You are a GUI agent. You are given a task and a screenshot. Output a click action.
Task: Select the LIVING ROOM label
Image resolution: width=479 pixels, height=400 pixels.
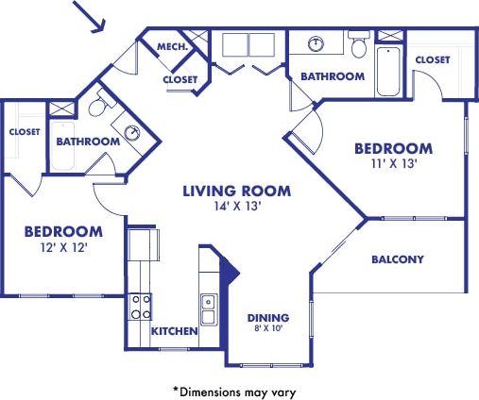[236, 191]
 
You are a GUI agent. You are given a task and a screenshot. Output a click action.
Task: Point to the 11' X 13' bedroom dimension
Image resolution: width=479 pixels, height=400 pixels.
[393, 164]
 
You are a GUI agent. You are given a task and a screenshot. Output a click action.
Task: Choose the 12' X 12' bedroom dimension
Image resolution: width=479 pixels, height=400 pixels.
[62, 247]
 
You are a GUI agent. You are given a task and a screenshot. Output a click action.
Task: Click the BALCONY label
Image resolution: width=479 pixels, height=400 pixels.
[397, 259]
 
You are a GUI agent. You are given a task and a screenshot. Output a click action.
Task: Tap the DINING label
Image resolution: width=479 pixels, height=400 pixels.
[268, 317]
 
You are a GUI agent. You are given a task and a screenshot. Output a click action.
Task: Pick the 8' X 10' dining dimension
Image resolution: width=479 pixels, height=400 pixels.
[268, 329]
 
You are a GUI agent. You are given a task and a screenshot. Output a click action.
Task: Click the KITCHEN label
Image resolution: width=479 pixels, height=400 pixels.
[175, 331]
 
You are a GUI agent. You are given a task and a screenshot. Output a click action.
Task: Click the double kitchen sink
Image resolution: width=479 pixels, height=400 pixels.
[209, 307]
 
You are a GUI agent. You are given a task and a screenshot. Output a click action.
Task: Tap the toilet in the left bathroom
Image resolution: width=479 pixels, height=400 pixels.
[97, 108]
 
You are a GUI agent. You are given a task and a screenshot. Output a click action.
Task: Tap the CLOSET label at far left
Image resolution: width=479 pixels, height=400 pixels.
[25, 132]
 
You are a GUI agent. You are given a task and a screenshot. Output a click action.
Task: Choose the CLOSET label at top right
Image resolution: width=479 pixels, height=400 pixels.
[433, 59]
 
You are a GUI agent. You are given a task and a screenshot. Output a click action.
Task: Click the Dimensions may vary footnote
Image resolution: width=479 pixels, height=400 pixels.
[240, 388]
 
